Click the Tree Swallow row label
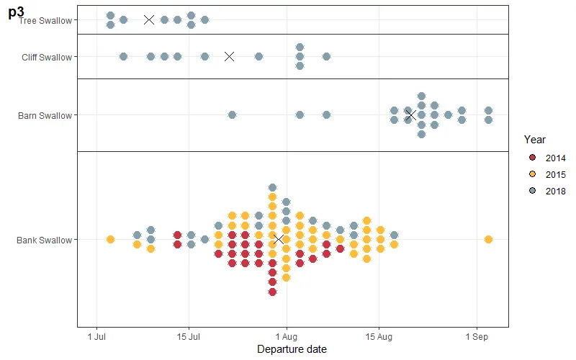click(46, 20)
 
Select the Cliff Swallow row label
click(47, 57)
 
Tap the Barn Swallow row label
click(45, 115)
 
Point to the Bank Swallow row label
click(45, 240)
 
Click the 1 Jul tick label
click(96, 336)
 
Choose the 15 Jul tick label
click(189, 336)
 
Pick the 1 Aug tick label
click(287, 336)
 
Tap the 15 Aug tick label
click(379, 336)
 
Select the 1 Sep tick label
click(477, 336)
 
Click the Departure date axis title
click(292, 349)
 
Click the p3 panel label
click(16, 12)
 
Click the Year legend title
click(534, 139)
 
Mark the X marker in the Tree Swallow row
click(149, 20)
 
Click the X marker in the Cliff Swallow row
click(230, 56)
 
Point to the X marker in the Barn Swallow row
click(410, 115)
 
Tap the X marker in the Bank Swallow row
click(279, 239)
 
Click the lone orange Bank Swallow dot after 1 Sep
click(489, 239)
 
